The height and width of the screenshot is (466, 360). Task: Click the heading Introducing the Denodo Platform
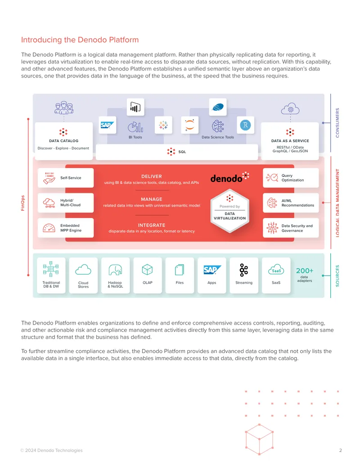tap(80, 40)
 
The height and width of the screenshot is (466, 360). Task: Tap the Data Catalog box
tap(63, 141)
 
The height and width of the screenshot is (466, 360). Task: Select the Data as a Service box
tap(290, 141)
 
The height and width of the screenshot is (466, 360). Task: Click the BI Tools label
tap(135, 137)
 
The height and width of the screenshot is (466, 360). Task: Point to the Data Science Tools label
tap(218, 137)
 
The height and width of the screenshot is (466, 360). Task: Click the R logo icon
tap(245, 125)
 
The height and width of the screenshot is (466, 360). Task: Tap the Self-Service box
tap(66, 178)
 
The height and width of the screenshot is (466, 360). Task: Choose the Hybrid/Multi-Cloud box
tap(66, 203)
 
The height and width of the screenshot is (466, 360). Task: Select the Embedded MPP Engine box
tap(66, 228)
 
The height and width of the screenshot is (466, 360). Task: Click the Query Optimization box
tap(291, 178)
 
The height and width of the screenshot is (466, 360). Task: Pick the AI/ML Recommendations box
tap(291, 203)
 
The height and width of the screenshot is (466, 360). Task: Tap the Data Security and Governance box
tap(291, 228)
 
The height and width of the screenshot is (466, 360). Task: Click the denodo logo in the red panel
tap(229, 177)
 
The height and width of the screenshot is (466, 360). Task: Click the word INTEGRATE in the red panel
tap(152, 225)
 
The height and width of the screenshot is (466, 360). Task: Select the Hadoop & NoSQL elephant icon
tap(115, 270)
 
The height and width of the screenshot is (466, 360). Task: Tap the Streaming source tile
tap(244, 276)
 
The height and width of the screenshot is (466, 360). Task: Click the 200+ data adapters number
tap(305, 271)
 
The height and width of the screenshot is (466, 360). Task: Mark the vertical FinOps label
tap(23, 203)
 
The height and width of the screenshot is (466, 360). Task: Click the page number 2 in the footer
tap(340, 450)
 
